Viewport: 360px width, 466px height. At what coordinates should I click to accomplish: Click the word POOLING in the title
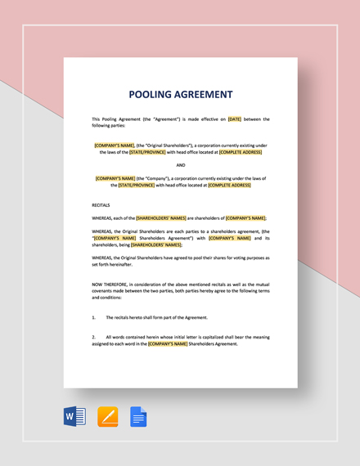(x=155, y=94)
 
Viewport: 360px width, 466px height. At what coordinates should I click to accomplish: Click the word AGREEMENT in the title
(x=202, y=94)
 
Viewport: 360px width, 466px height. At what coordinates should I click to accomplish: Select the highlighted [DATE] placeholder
(x=234, y=119)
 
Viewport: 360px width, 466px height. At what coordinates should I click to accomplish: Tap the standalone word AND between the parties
(x=180, y=164)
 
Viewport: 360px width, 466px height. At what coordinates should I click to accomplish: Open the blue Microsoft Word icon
(x=74, y=417)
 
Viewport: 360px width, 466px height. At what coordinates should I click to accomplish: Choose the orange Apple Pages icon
(x=108, y=417)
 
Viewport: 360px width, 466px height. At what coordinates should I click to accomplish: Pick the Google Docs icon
(x=139, y=417)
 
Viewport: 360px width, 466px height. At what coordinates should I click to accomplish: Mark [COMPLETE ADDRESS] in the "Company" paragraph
(x=229, y=185)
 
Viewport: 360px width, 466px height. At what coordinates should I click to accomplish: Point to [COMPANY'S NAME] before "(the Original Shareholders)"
(x=116, y=145)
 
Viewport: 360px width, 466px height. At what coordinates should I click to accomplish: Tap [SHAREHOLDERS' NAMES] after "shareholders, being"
(x=156, y=244)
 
